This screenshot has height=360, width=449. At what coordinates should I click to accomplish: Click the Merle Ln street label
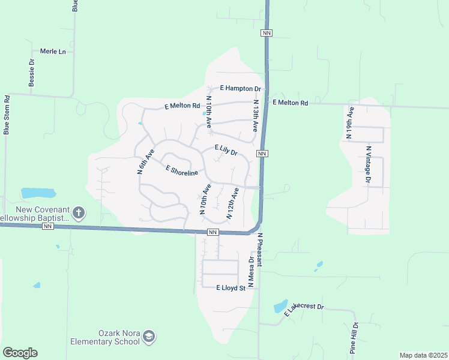[x=53, y=52]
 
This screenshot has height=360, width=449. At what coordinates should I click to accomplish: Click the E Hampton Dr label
[x=241, y=89]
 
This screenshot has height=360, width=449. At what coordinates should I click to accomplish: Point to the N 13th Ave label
[x=256, y=116]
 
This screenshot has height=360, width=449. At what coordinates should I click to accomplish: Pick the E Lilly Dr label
[x=226, y=150]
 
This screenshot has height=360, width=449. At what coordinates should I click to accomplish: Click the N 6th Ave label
[x=142, y=161]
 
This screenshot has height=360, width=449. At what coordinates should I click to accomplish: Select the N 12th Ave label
[x=233, y=203]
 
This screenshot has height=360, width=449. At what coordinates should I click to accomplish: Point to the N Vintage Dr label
[x=369, y=164]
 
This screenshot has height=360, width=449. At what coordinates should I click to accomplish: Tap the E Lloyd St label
[x=231, y=288]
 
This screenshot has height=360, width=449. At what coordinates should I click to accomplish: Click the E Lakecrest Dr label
[x=304, y=309]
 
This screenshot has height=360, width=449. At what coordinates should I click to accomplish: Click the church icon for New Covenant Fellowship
[x=79, y=212]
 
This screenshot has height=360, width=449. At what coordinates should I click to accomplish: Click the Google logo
[x=20, y=353]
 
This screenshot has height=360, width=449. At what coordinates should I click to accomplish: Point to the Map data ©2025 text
[x=423, y=355]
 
